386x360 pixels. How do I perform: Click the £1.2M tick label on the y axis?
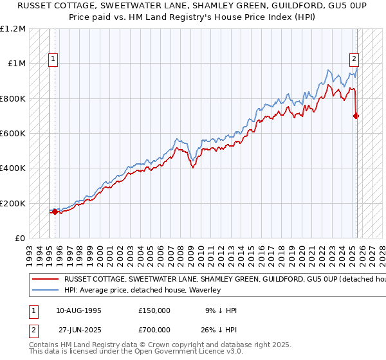[13, 29]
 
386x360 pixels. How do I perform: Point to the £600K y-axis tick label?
[13, 134]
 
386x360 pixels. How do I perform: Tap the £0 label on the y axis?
[20, 239]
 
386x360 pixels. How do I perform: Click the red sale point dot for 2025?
[356, 116]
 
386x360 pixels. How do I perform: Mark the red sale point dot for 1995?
[55, 212]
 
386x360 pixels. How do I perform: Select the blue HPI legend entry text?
[142, 290]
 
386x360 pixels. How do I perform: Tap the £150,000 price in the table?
[154, 310]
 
